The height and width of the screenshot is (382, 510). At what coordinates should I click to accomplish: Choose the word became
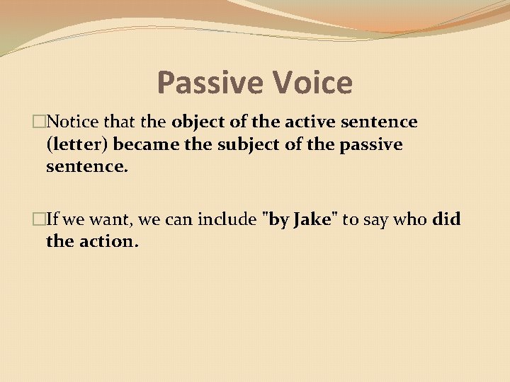[144, 145]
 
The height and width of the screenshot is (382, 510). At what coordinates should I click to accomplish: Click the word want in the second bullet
[113, 219]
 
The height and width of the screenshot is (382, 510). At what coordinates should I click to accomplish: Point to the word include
[227, 219]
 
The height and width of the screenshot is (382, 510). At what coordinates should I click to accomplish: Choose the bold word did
[447, 219]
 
